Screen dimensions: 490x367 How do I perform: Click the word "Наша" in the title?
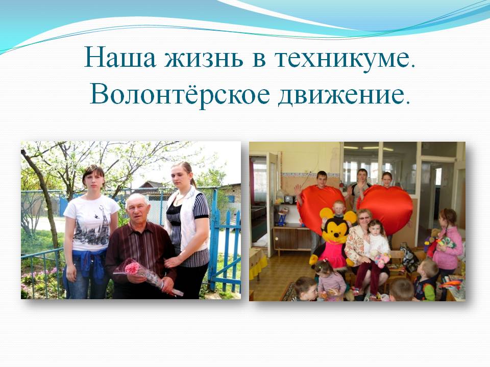(x=120, y=58)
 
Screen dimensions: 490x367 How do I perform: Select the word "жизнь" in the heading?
(x=204, y=58)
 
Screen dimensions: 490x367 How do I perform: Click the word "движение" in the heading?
(x=344, y=95)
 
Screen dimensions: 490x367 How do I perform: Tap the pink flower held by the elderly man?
(x=133, y=268)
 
